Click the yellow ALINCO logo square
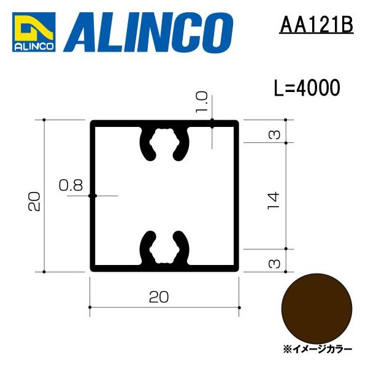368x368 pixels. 34,28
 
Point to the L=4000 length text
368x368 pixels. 306,88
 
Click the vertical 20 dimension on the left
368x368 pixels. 35,201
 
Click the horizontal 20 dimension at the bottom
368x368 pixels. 159,297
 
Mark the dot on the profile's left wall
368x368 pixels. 91,196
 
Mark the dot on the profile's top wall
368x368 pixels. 212,123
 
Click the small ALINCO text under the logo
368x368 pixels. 34,45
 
